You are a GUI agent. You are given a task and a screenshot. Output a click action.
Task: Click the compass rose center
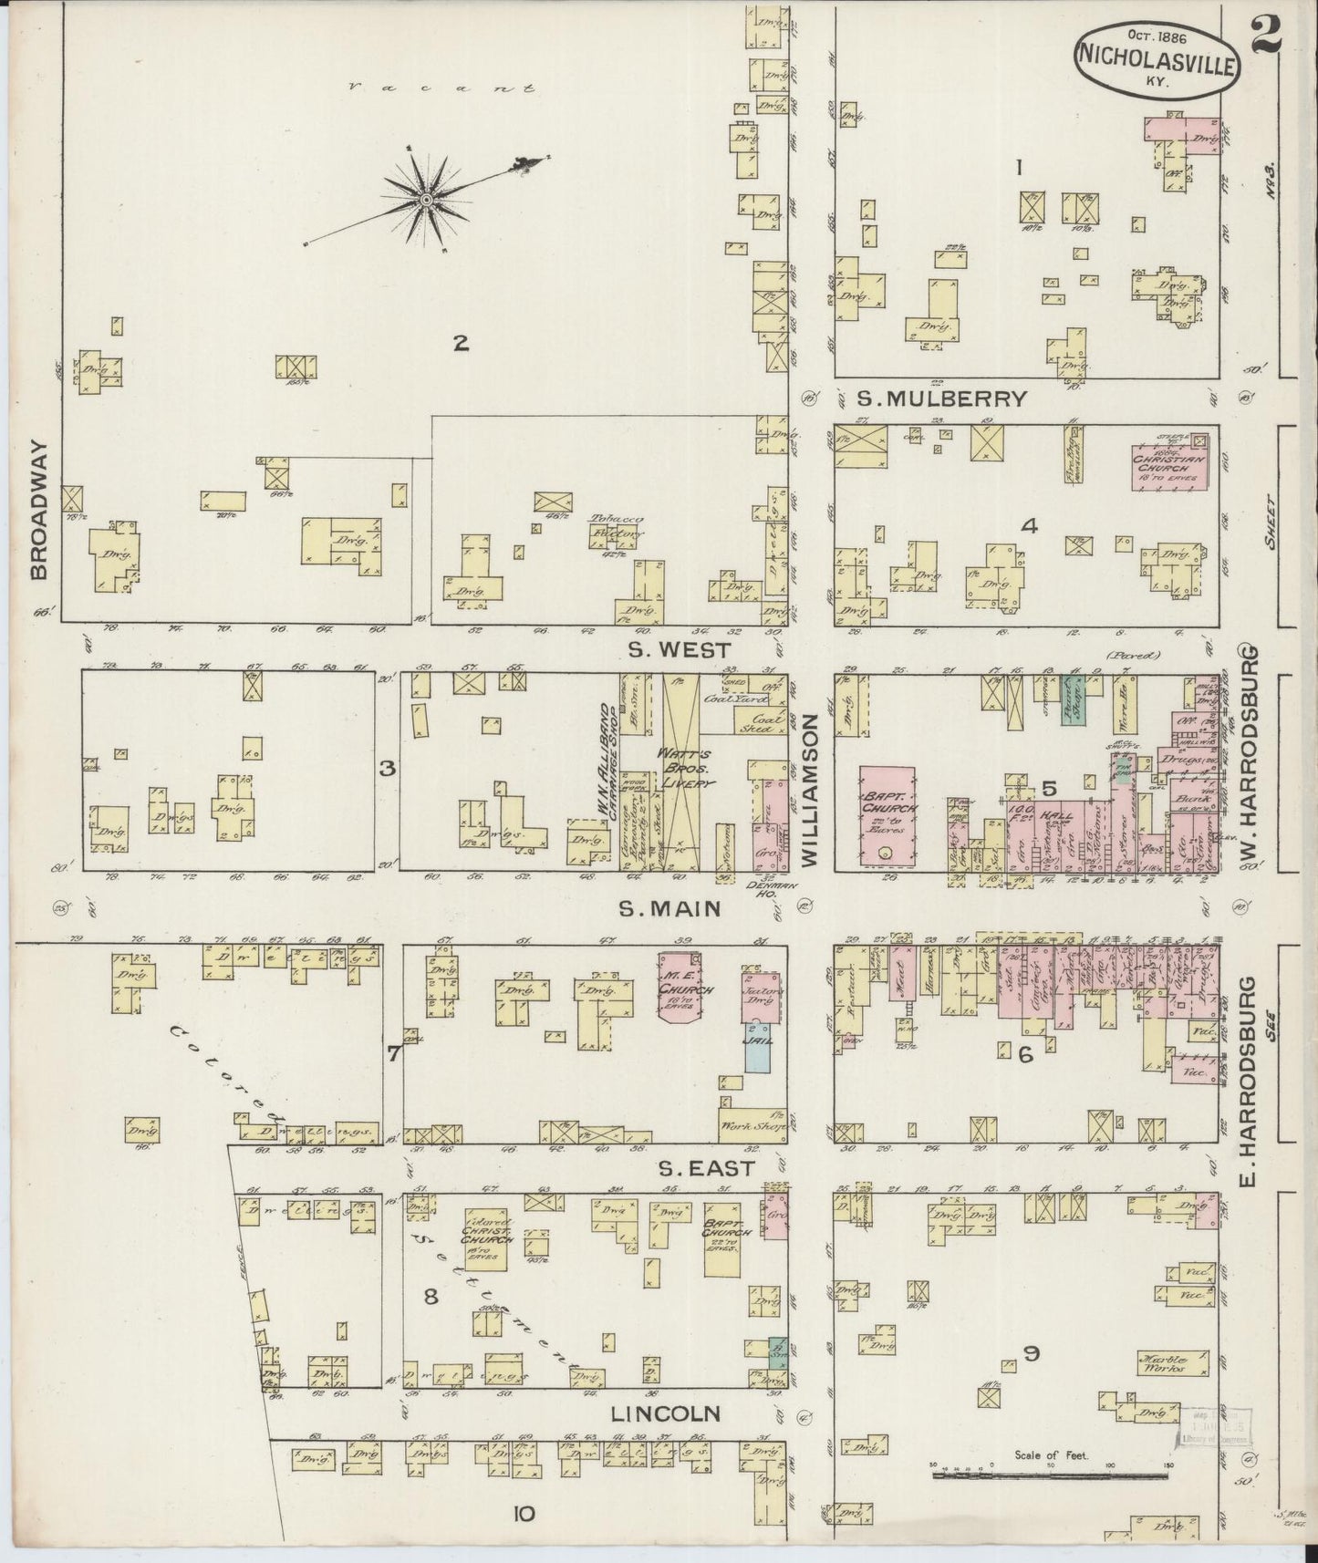425,199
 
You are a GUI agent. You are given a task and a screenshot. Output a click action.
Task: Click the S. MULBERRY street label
942,399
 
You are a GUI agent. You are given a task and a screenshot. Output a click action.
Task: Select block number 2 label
462,343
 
